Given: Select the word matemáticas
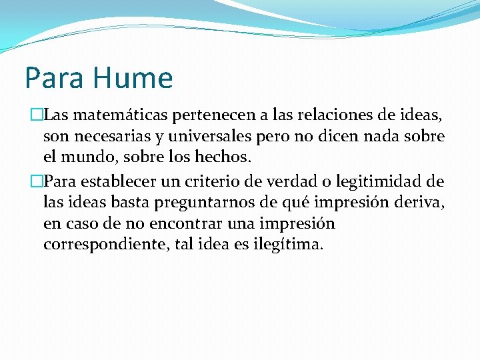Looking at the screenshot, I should [128, 115].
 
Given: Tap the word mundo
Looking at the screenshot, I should [88, 158].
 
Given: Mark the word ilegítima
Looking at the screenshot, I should [288, 245].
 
